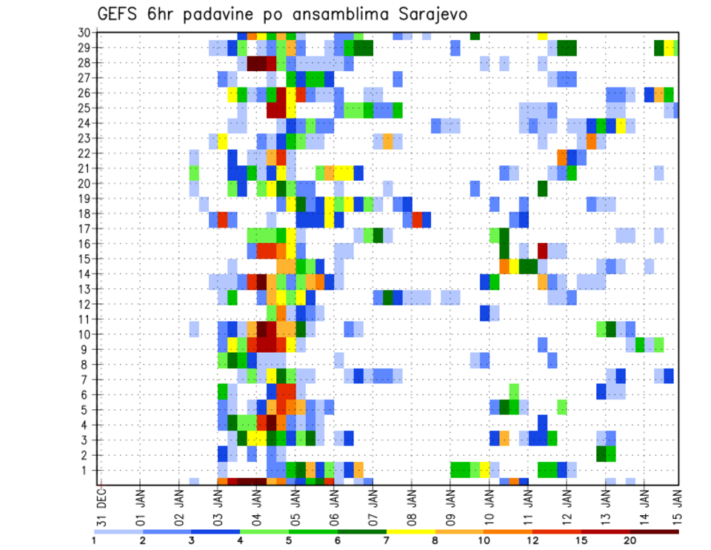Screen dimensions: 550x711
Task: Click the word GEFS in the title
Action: coord(120,15)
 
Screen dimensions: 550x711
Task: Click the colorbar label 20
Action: coord(630,540)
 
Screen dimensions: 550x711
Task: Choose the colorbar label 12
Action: coord(533,540)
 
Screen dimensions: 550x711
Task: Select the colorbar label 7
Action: coord(387,540)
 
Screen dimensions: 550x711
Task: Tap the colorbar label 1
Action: coord(94,540)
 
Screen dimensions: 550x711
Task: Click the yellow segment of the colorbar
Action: coord(410,531)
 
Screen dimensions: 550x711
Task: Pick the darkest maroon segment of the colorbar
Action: coord(654,531)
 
